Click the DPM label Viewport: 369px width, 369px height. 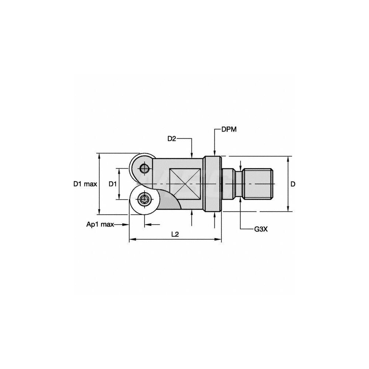(229, 130)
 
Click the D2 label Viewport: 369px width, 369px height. (172, 139)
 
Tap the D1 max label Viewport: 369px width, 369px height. (85, 184)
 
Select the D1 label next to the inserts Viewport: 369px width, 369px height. (113, 184)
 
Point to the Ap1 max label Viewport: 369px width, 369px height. (100, 224)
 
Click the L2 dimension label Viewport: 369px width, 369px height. (175, 234)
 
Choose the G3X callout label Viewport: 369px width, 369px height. (261, 229)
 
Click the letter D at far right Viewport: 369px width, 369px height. (293, 184)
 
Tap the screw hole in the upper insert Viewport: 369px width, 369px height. (144, 168)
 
